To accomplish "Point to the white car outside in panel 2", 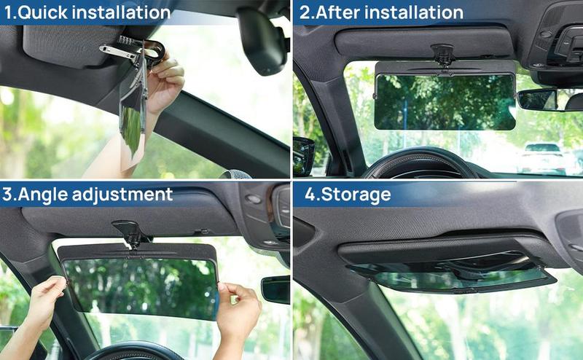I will [543, 154].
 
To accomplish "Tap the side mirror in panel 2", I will [303, 154].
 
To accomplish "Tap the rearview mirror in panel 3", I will [275, 289].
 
